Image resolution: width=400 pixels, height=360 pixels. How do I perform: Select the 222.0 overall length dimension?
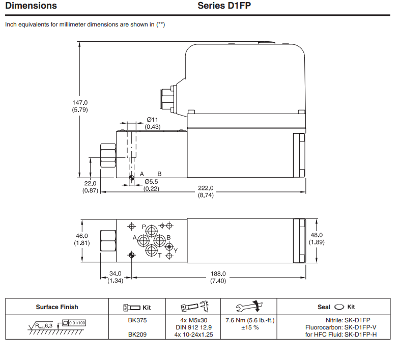[205, 187]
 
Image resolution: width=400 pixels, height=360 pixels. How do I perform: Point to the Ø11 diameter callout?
[152, 120]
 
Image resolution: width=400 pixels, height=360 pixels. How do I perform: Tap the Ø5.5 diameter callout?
[152, 181]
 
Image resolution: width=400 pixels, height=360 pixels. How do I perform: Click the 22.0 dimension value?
[90, 184]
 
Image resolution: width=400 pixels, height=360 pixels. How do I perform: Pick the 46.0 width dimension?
[82, 236]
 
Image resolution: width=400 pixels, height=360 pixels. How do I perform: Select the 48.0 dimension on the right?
[317, 235]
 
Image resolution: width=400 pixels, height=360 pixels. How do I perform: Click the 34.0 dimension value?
[115, 273]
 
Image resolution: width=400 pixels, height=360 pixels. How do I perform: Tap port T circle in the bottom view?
[151, 251]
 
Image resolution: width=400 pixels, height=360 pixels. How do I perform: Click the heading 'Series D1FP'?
[224, 6]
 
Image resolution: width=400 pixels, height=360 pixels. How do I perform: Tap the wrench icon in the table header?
[248, 307]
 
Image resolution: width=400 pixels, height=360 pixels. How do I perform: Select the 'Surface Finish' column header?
[57, 307]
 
